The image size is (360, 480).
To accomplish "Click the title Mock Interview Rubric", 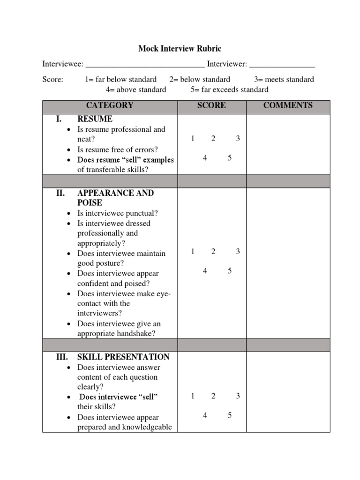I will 180,48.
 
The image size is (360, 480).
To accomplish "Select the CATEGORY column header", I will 110,105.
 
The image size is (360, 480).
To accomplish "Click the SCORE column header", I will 211,105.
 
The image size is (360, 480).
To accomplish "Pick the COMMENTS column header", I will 288,105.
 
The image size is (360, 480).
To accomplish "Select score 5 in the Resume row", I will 230,158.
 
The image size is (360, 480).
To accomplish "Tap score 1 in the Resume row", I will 193,138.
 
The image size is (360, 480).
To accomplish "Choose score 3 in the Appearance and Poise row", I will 238,251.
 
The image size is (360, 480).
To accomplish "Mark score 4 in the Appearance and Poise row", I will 205,271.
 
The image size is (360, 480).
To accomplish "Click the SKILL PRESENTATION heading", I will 123,357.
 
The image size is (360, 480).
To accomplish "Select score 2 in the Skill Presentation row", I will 213,396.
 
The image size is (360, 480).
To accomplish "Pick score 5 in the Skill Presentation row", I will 230,415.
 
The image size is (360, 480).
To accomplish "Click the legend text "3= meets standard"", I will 284,79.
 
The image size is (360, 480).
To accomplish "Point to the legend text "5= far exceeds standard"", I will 229,90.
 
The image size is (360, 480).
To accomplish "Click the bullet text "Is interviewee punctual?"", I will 118,213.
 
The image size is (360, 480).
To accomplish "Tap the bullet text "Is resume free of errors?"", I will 118,150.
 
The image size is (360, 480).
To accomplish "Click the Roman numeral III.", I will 62,357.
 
